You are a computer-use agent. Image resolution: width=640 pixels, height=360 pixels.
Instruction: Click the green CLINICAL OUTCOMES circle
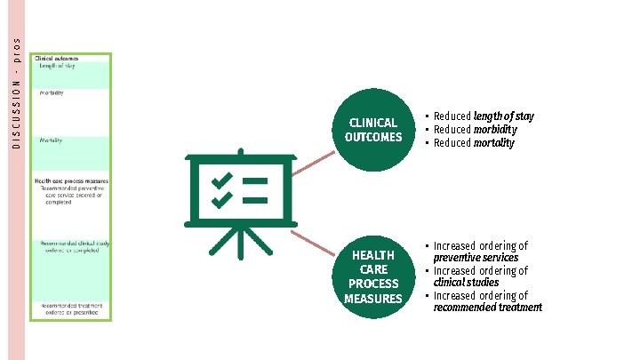pos(373,129)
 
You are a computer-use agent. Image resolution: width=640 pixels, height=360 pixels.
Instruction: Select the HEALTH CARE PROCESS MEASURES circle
pos(373,276)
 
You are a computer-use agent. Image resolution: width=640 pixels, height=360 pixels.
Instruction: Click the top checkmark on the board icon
pos(221,180)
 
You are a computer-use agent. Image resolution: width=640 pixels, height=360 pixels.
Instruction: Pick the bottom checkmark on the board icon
pos(221,202)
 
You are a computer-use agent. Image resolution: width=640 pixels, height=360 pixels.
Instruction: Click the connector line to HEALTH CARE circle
pos(312,245)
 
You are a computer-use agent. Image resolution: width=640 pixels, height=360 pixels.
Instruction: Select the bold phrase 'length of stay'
pos(503,116)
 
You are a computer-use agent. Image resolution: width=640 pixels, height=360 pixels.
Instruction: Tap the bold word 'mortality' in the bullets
pos(494,143)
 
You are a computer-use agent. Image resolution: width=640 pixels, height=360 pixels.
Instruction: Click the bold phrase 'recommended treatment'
pos(487,308)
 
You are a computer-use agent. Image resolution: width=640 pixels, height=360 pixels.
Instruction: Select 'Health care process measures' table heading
pos(71,180)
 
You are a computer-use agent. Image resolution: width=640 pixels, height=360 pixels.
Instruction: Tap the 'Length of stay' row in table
pos(57,65)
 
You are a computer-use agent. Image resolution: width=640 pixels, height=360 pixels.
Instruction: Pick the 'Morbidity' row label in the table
pos(52,93)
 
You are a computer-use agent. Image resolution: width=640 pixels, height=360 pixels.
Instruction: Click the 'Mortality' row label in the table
pos(51,140)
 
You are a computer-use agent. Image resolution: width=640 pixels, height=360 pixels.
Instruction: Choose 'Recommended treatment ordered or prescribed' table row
pos(72,309)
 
